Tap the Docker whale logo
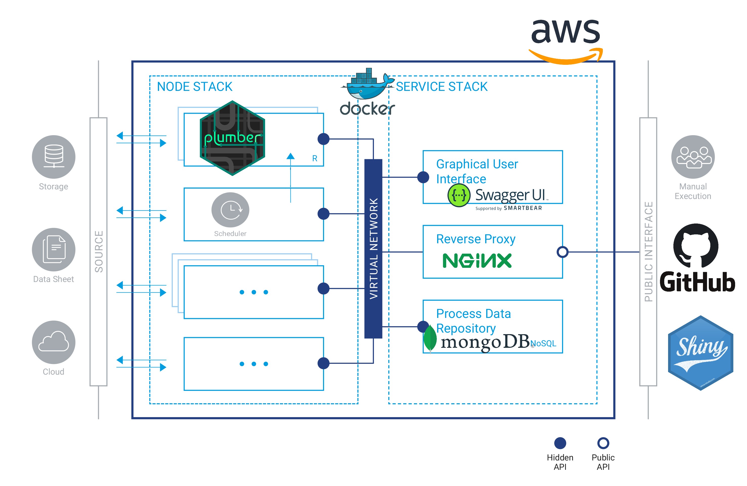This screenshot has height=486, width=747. point(367,85)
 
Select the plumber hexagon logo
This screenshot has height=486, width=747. point(232,138)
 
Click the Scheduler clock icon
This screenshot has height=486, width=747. point(230,210)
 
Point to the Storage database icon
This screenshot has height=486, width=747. point(54,156)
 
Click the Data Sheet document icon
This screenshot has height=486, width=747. point(54,249)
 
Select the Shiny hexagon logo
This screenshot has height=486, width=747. point(700,353)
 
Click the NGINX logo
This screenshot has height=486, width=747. point(477,260)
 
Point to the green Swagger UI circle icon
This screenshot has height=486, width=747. point(459,195)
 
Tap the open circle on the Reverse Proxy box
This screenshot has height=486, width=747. point(562,252)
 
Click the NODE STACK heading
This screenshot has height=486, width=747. point(195,86)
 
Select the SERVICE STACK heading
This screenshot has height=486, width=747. point(442,86)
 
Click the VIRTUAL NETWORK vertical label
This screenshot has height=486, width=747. point(373,248)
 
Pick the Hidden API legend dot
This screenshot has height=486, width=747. point(560,443)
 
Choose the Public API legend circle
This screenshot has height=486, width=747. point(603,443)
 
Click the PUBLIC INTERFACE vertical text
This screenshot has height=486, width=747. point(648,251)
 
